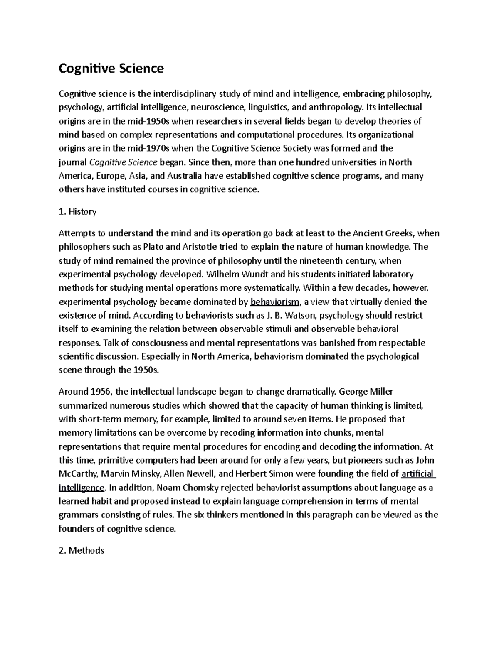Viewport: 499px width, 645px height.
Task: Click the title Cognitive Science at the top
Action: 111,68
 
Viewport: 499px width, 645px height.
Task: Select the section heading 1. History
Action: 78,212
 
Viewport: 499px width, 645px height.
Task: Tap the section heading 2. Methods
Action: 82,551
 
